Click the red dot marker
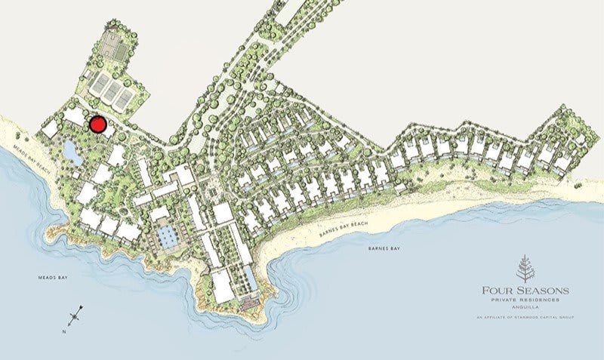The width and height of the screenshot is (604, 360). tap(97, 125)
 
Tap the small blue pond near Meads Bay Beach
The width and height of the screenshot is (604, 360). tap(71, 152)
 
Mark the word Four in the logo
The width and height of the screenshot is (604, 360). tap(495, 291)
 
